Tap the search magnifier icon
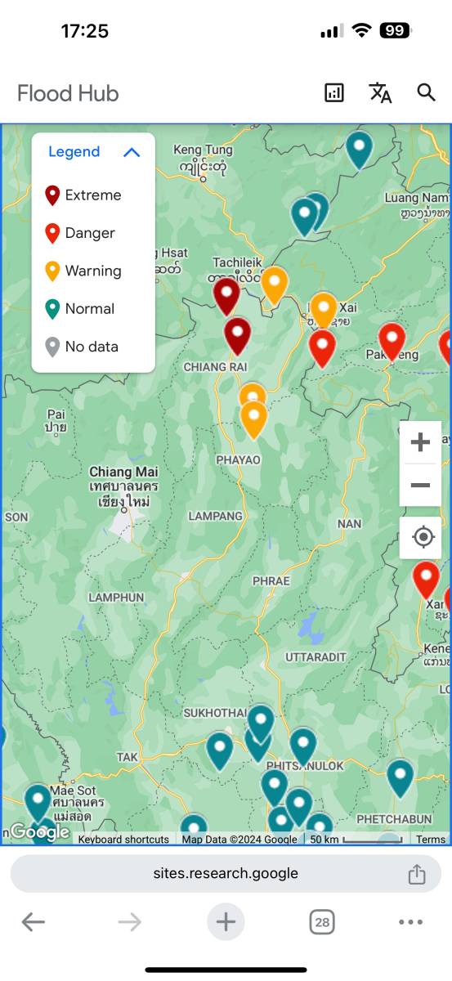tap(426, 92)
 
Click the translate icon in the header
tap(380, 92)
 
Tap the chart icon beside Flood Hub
tap(334, 92)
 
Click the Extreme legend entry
tap(84, 195)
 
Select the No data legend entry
tap(82, 347)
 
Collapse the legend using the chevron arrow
tap(132, 152)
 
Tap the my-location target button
tap(423, 537)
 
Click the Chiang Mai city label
tap(123, 472)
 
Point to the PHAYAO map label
tap(238, 460)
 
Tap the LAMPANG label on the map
tap(216, 516)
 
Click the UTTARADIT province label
tap(316, 656)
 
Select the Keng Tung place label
tap(203, 150)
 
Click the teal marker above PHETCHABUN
tap(400, 776)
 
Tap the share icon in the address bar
tap(417, 873)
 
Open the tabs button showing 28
tap(322, 923)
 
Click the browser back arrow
tap(33, 923)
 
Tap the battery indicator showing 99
tap(396, 31)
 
